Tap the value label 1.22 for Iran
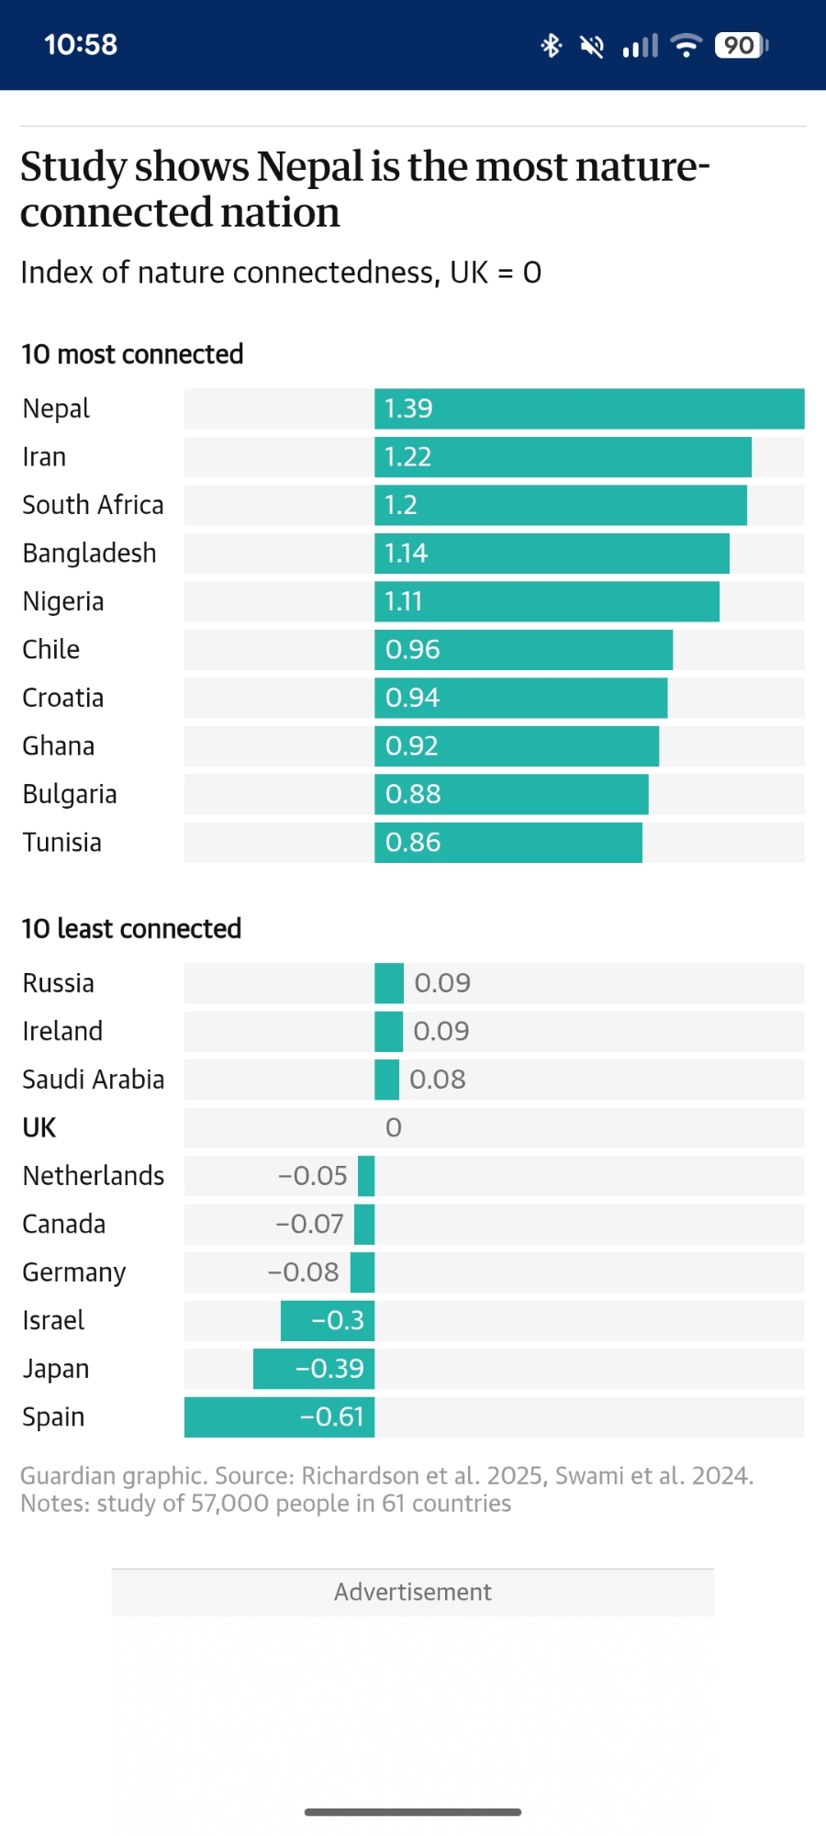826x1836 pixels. point(407,457)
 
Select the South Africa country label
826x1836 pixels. point(93,505)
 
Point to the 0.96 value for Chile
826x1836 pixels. point(412,650)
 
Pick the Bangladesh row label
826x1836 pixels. point(89,554)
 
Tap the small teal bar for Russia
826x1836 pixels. point(389,983)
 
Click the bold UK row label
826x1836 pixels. point(39,1127)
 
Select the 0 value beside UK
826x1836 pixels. point(394,1127)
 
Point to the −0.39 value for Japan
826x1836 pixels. point(329,1369)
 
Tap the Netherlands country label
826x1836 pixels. point(94,1176)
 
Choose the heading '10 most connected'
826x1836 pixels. point(132,354)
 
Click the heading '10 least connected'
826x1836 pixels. point(131,929)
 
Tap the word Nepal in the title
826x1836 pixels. point(310,167)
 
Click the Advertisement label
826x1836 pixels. point(413,1592)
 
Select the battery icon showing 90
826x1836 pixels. point(741,45)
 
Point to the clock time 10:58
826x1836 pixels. point(81,45)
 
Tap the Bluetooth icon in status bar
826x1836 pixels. point(551,45)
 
